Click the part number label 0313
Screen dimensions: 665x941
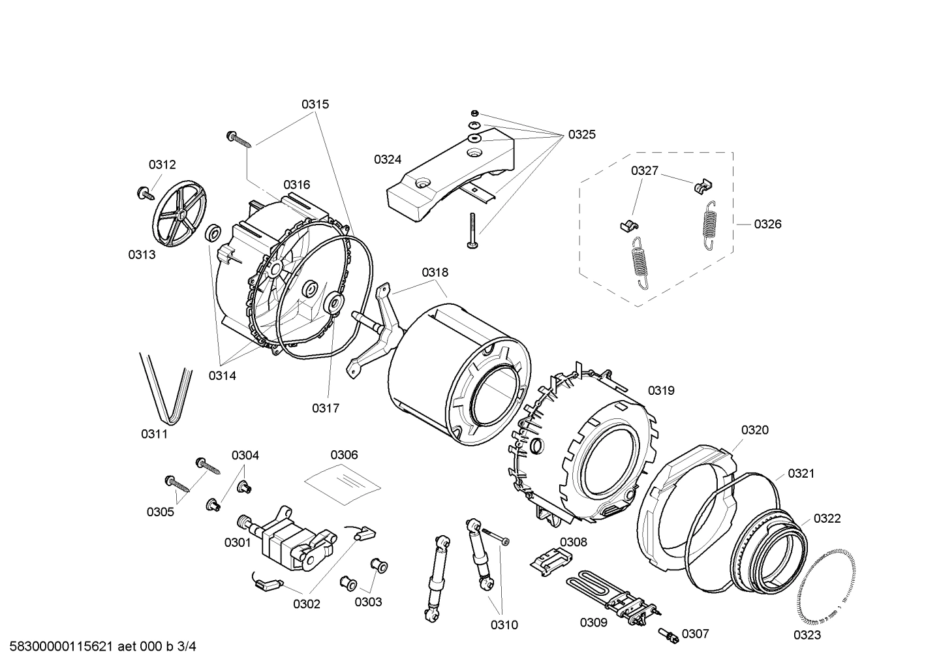(x=142, y=255)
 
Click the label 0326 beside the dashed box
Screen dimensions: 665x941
(x=767, y=224)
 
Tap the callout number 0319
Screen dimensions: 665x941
(x=660, y=390)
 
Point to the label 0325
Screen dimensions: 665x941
(x=581, y=134)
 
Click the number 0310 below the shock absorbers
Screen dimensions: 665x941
(x=504, y=625)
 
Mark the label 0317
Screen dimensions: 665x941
(x=325, y=408)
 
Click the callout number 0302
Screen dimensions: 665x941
(x=306, y=604)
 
